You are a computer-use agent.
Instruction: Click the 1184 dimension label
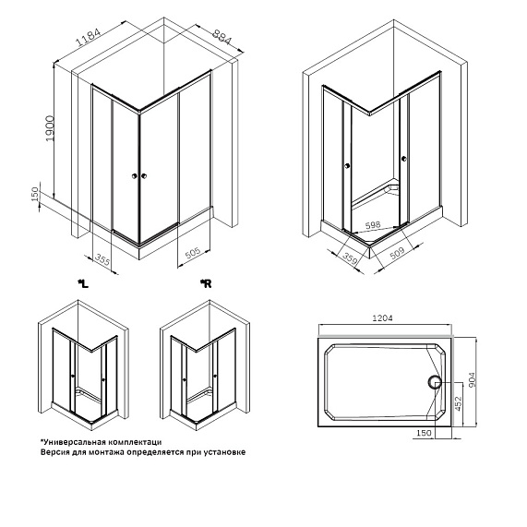89,37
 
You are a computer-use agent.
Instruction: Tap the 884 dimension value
222,36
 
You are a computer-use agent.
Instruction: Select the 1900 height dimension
50,128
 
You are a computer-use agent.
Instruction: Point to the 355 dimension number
102,259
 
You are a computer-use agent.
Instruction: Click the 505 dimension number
193,253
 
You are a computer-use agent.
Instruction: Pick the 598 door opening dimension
372,225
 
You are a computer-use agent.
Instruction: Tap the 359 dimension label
350,258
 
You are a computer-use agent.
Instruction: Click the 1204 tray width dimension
382,317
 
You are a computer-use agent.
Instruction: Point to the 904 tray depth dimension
472,379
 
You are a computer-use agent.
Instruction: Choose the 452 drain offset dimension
458,404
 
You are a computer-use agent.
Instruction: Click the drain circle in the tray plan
435,382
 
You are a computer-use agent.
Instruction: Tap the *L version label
83,284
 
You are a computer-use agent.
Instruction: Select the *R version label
206,284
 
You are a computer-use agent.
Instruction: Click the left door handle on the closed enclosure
135,175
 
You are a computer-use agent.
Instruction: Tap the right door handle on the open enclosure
403,158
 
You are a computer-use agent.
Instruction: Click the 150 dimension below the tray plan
424,433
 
